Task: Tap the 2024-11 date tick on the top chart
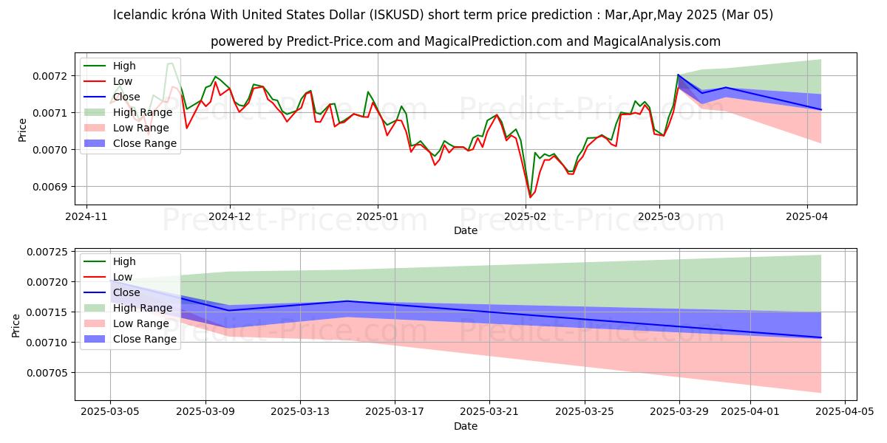pyautogui.click(x=86, y=217)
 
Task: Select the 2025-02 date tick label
pyautogui.click(x=526, y=217)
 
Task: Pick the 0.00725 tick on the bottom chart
pyautogui.click(x=50, y=253)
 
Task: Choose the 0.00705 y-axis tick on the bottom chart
pyautogui.click(x=50, y=373)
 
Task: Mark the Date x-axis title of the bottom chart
pyautogui.click(x=466, y=426)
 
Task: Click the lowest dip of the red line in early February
pyautogui.click(x=530, y=197)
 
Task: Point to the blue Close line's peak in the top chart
pyautogui.click(x=678, y=75)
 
